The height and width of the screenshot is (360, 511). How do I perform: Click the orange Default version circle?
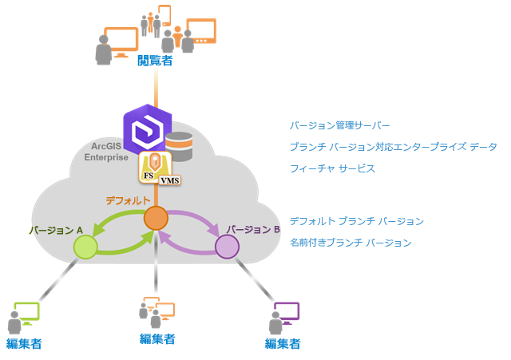click(156, 217)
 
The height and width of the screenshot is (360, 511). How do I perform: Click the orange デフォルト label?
click(128, 200)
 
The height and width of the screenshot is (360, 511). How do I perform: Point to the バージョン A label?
click(57, 230)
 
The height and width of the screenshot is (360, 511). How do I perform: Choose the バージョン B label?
click(252, 229)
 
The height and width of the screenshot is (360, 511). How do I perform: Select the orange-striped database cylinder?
click(179, 146)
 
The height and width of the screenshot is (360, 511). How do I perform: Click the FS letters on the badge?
click(148, 176)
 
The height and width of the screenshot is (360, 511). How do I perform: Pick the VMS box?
click(169, 181)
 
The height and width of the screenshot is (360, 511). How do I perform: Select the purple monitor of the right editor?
click(286, 311)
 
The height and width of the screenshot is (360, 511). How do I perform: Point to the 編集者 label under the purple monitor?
click(283, 344)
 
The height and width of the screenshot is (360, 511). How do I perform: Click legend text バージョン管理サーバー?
click(340, 126)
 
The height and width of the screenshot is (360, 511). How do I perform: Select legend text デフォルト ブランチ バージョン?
click(356, 221)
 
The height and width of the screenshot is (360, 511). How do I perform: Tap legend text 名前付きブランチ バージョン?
click(351, 242)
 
